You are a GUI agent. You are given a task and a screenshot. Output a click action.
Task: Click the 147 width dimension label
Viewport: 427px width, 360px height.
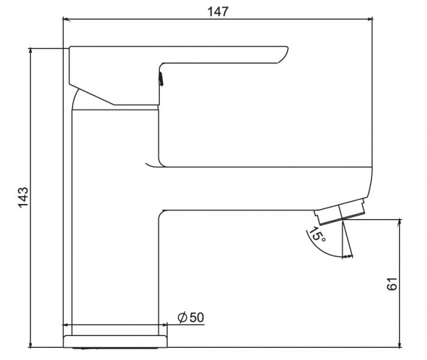tap(218, 12)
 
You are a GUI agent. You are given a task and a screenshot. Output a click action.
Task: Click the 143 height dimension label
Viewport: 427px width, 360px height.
tap(23, 197)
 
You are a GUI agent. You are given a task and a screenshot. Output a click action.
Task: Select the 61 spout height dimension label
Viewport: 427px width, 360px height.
tap(392, 284)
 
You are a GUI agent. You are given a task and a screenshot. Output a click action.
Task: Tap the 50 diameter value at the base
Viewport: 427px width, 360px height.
tap(196, 317)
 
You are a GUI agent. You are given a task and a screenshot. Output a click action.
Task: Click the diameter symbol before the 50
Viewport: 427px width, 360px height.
tap(183, 317)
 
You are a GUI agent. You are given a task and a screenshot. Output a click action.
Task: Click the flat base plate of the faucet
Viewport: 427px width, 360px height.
tap(115, 341)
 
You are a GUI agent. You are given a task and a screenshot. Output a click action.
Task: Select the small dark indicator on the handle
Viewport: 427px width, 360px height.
tap(161, 79)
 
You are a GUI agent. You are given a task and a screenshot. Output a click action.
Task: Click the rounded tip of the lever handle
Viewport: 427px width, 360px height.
tap(285, 54)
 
